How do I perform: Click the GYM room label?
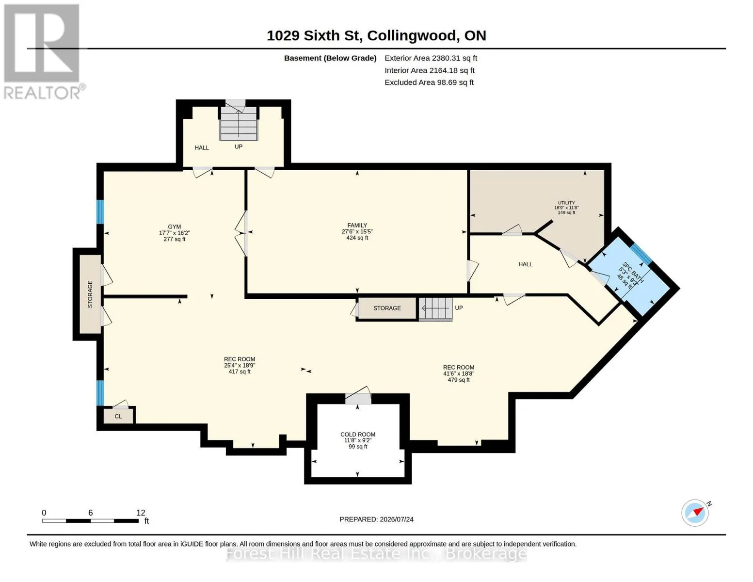pyautogui.click(x=174, y=226)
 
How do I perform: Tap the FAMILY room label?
pyautogui.click(x=357, y=226)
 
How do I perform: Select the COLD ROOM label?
pyautogui.click(x=358, y=435)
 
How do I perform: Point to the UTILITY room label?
pyautogui.click(x=566, y=203)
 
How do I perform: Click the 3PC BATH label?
pyautogui.click(x=633, y=272)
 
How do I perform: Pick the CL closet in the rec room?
pyautogui.click(x=118, y=416)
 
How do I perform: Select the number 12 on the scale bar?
pyautogui.click(x=140, y=513)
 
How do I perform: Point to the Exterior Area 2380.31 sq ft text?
pyautogui.click(x=431, y=58)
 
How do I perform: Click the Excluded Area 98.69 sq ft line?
pyautogui.click(x=429, y=82)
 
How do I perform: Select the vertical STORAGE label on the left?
pyautogui.click(x=90, y=294)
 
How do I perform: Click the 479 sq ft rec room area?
pyautogui.click(x=459, y=380)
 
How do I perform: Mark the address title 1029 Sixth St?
pyautogui.click(x=314, y=36)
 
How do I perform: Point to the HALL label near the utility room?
pyautogui.click(x=525, y=264)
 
